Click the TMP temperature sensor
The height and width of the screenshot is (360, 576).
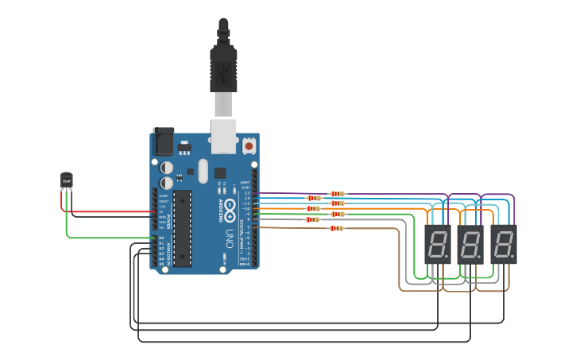pyautogui.click(x=66, y=181)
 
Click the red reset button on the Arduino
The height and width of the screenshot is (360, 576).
pyautogui.click(x=249, y=146)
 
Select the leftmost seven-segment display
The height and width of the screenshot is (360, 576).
pyautogui.click(x=437, y=244)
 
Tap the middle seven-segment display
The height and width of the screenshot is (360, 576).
pyautogui.click(x=470, y=244)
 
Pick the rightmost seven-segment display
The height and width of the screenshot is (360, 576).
pyautogui.click(x=503, y=244)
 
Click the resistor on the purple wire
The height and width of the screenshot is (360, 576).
pyautogui.click(x=338, y=193)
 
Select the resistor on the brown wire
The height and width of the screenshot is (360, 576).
pyautogui.click(x=337, y=228)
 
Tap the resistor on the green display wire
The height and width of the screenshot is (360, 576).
pyautogui.click(x=313, y=219)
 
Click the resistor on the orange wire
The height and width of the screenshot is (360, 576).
pyautogui.click(x=313, y=208)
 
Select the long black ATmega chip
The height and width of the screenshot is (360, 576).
pyautogui.click(x=182, y=227)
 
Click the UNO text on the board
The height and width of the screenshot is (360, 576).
pyautogui.click(x=230, y=238)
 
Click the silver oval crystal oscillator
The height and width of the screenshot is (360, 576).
pyautogui.click(x=203, y=171)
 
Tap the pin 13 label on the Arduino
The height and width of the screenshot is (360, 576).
pyautogui.click(x=246, y=193)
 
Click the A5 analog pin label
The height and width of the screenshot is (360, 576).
pyautogui.click(x=161, y=264)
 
